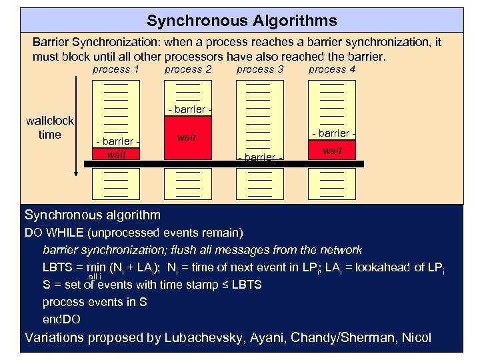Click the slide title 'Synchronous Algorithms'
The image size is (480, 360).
tap(241, 21)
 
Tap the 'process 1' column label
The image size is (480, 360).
tap(115, 69)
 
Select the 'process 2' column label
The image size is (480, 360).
tap(188, 69)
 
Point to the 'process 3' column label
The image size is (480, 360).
tap(260, 69)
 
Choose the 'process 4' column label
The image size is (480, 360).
tap(332, 69)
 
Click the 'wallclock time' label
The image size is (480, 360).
tap(50, 127)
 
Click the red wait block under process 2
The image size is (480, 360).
tap(187, 138)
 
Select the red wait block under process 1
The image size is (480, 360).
tap(116, 155)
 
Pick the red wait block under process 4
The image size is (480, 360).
tap(332, 151)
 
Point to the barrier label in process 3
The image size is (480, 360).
tap(260, 157)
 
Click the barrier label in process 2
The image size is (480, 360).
tap(188, 109)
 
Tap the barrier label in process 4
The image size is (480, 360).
tap(332, 134)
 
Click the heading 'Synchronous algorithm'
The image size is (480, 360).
tap(93, 215)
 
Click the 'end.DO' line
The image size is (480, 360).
tap(61, 319)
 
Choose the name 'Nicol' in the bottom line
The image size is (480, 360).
tap(416, 337)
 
